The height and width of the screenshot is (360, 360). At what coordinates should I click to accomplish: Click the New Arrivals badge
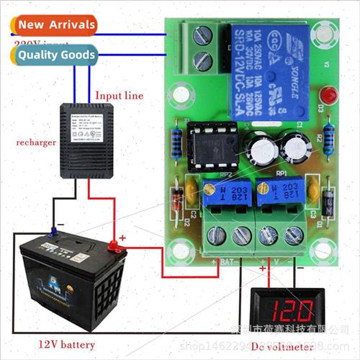pyautogui.click(x=55, y=24)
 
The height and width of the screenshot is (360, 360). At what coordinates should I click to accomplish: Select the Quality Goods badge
pyautogui.click(x=55, y=54)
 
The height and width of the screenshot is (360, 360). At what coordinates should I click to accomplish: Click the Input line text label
pyautogui.click(x=120, y=95)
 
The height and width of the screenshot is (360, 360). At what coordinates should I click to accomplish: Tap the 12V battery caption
pyautogui.click(x=68, y=345)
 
